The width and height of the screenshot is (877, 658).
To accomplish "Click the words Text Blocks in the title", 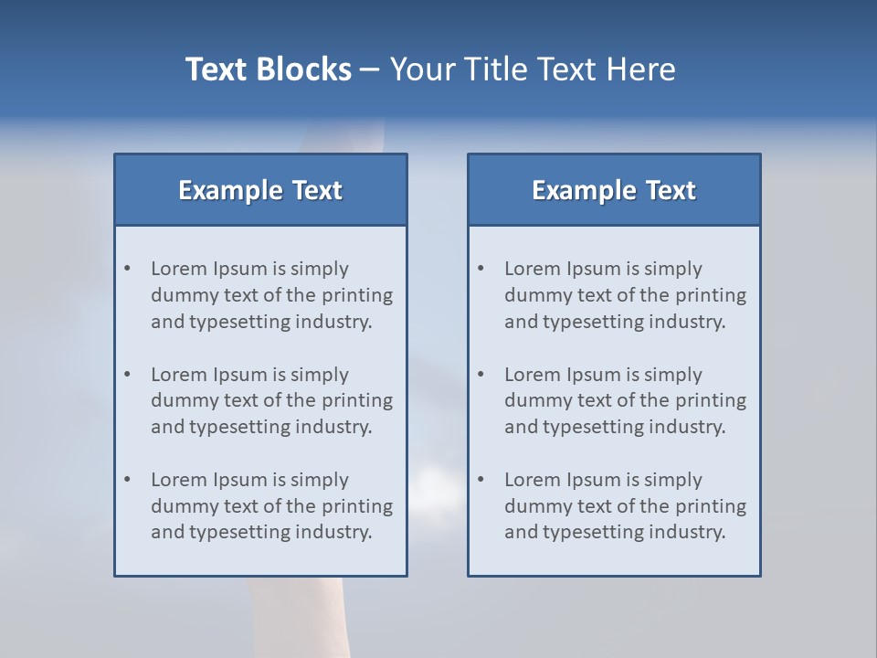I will pos(268,69).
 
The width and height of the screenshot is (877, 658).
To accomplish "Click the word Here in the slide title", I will pos(644,69).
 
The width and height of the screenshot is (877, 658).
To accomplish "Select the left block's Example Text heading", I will pos(260,190).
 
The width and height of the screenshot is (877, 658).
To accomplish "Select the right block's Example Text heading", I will pos(614,190).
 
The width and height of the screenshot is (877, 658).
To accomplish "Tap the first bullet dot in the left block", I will pos(128,269).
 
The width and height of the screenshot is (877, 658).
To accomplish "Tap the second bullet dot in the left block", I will pos(128,375).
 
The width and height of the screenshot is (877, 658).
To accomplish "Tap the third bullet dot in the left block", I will pos(128,480).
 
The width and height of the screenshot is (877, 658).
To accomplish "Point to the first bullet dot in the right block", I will pos(481,269).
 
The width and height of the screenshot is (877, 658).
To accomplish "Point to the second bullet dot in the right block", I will pos(481,375).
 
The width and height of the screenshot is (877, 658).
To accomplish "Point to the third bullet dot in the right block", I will pos(481,480).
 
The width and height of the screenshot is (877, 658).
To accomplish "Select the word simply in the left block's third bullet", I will pos(319,480).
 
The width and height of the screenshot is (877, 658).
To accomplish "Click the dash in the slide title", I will pos(370,69).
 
